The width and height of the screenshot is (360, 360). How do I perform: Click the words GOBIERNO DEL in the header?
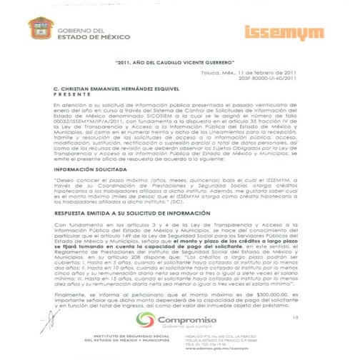[x=78, y=29]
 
